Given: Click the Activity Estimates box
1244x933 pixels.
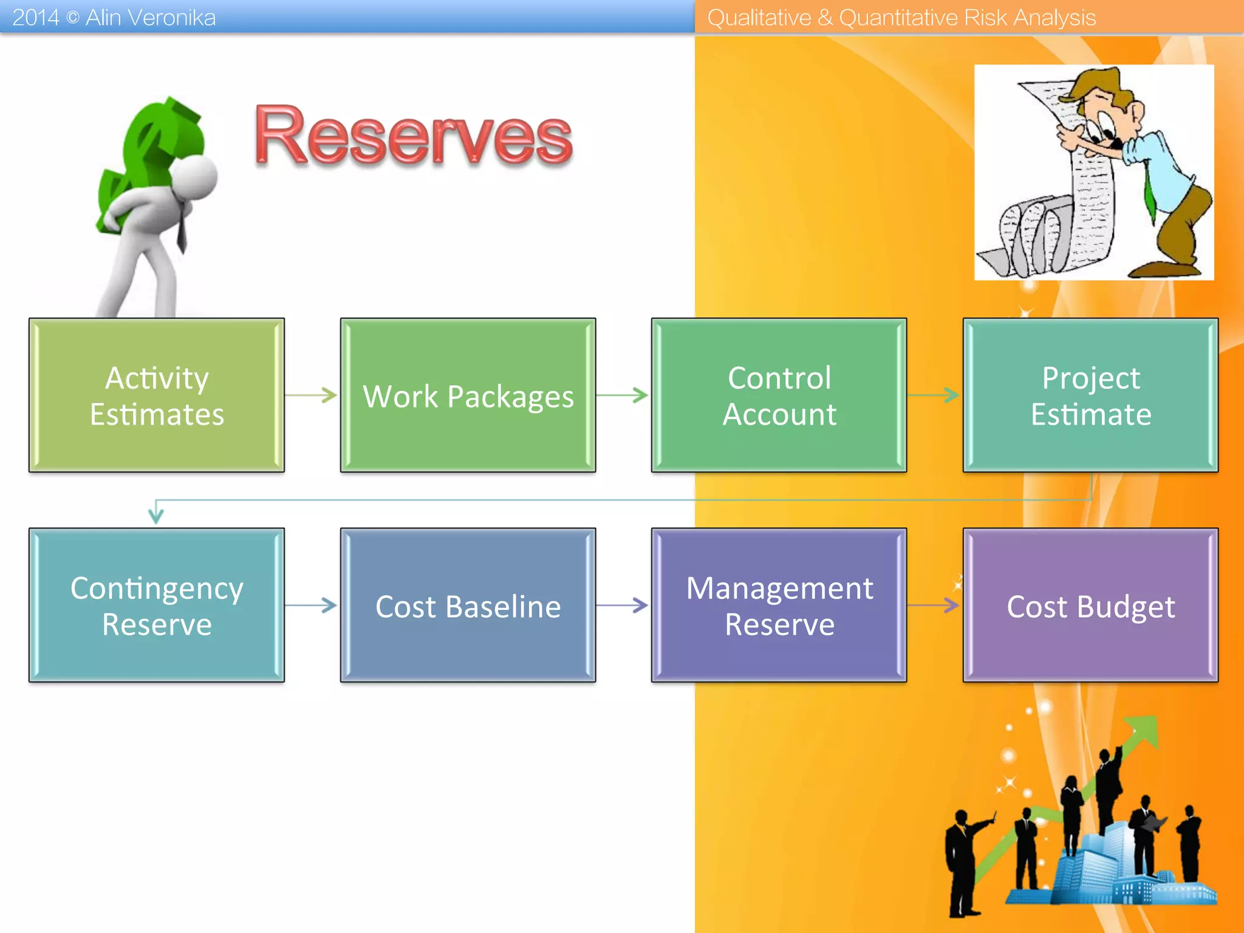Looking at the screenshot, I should (x=157, y=395).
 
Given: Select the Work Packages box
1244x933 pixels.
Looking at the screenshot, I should (x=468, y=395).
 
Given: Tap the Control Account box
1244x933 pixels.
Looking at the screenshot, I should (x=779, y=395).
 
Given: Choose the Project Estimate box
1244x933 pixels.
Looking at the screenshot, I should (x=1090, y=395).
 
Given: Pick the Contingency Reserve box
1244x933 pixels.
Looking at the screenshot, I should (x=157, y=605).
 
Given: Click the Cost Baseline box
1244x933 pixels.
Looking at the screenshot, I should (x=468, y=605).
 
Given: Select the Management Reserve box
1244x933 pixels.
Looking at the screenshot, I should (x=779, y=605).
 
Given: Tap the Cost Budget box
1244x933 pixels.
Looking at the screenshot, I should (x=1090, y=605).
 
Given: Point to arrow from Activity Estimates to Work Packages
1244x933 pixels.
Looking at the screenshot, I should (x=311, y=395).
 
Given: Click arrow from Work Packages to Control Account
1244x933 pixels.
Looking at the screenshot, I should (x=623, y=395).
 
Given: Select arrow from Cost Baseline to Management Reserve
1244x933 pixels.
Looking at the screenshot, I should (x=623, y=605).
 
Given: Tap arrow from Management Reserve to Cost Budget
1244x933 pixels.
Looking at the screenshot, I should (x=934, y=605).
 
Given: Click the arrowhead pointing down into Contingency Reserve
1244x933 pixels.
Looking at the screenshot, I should (x=156, y=516).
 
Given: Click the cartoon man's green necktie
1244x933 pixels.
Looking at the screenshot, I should (x=1149, y=194).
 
